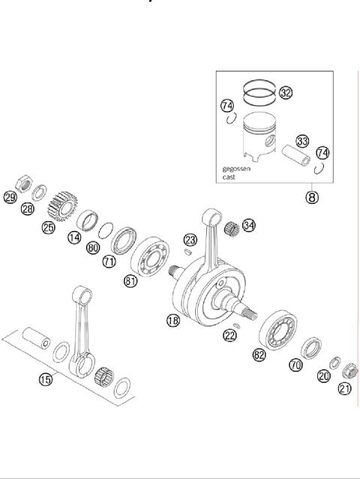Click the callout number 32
[x=286, y=92]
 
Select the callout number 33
[x=302, y=140]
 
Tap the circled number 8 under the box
[x=312, y=199]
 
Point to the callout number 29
[x=10, y=198]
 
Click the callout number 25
[x=49, y=227]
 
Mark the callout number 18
[x=173, y=320]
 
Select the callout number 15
[x=46, y=379]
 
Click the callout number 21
[x=345, y=388]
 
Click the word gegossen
[x=236, y=169]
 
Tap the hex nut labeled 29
[x=23, y=184]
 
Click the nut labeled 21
[x=349, y=370]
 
